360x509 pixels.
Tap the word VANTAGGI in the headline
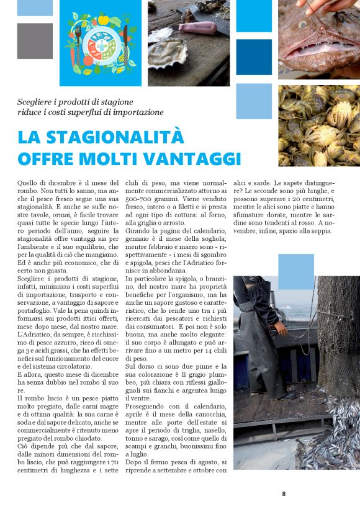pos(196,159)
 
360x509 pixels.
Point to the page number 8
pos(284,493)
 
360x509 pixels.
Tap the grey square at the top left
pos(35,40)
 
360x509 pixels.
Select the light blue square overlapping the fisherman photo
pos(295,271)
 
